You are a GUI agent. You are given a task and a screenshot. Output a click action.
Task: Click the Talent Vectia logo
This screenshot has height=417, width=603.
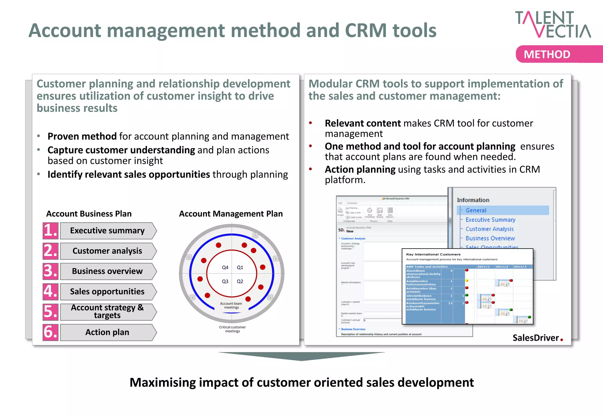coord(553,24)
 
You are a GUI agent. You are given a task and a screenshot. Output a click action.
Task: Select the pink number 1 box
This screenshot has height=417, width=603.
coord(50,231)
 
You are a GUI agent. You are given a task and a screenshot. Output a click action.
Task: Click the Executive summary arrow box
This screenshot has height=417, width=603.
coord(108,231)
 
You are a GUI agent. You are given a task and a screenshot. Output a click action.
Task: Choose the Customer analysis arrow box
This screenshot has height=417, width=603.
coord(108,251)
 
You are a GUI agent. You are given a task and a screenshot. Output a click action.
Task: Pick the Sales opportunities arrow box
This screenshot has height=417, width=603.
coord(108,291)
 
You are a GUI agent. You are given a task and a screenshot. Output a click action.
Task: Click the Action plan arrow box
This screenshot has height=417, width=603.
coord(108,332)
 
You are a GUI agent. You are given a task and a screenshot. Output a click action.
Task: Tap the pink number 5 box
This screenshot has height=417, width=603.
coord(50,312)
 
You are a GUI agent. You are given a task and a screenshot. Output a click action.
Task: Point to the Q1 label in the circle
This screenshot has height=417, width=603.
coord(240,267)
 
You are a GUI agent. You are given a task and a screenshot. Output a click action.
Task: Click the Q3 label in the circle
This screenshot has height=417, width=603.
coord(225,281)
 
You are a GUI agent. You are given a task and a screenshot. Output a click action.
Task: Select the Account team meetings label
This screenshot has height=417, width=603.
coord(231,306)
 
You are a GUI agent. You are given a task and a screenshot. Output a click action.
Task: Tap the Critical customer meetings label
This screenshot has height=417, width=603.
coord(232,329)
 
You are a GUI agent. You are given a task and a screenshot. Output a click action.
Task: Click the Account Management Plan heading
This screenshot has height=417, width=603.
coord(231,214)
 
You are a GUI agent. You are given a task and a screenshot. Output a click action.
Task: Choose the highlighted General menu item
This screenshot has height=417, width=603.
coord(476,210)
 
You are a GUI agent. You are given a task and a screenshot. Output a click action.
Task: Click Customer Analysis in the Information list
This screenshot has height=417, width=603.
coord(489,229)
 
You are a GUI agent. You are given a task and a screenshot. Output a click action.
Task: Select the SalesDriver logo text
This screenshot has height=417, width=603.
coord(536,338)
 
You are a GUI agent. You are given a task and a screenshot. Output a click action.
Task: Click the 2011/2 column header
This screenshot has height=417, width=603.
coord(502,267)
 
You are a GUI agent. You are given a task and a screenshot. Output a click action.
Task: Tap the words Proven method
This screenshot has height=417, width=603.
coord(82,136)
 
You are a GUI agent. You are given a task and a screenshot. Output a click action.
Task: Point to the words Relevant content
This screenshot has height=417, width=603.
coord(362,123)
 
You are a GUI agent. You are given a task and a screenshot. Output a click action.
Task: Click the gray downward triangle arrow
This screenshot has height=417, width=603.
coord(301,356)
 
